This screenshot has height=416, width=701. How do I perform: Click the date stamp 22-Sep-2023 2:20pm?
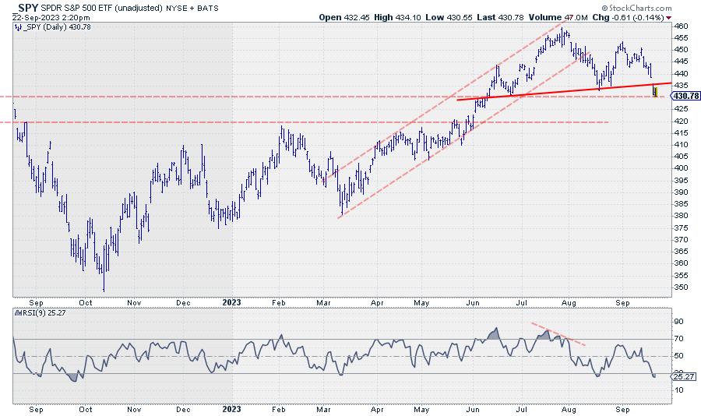(45, 16)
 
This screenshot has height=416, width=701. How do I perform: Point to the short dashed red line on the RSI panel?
(558, 333)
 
